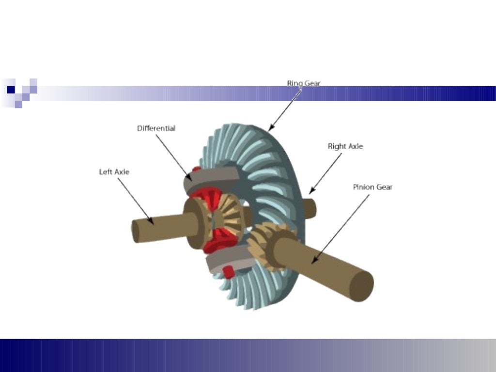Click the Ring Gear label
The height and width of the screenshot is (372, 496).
pyautogui.click(x=304, y=83)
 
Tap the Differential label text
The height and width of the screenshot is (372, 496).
pyautogui.click(x=156, y=129)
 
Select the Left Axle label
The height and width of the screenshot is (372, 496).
pyautogui.click(x=114, y=172)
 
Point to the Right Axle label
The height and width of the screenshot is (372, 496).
pyautogui.click(x=345, y=146)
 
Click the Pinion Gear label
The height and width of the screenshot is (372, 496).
pyautogui.click(x=372, y=187)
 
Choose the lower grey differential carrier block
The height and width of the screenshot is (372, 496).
pyautogui.click(x=228, y=264)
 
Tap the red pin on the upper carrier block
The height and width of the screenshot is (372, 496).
pyautogui.click(x=196, y=169)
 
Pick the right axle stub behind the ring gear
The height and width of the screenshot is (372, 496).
pyautogui.click(x=310, y=208)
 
